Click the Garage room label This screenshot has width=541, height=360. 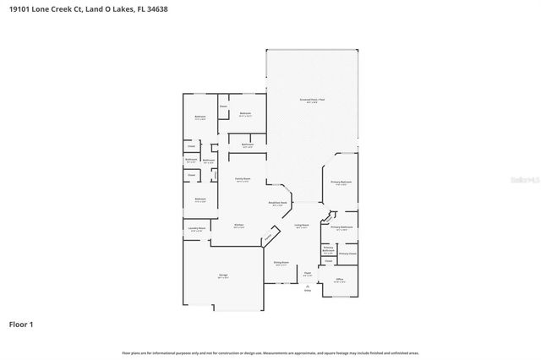[x=223, y=275]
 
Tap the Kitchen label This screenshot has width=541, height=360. [x=239, y=224]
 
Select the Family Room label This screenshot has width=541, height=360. [x=242, y=179]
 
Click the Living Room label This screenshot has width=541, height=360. [x=302, y=226]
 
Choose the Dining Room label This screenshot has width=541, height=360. [x=281, y=264]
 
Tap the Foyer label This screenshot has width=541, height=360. [x=308, y=272]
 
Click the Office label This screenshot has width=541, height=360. [x=339, y=280]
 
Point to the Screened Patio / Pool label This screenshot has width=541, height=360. [x=312, y=101]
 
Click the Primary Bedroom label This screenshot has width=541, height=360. [x=342, y=183]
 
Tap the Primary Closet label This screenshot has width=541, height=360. [x=347, y=254]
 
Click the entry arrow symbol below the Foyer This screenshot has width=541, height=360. [x=307, y=287]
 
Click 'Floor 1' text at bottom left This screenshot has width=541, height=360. [x=21, y=323]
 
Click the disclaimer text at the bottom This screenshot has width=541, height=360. [x=270, y=352]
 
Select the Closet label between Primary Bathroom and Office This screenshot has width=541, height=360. [x=329, y=262]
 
